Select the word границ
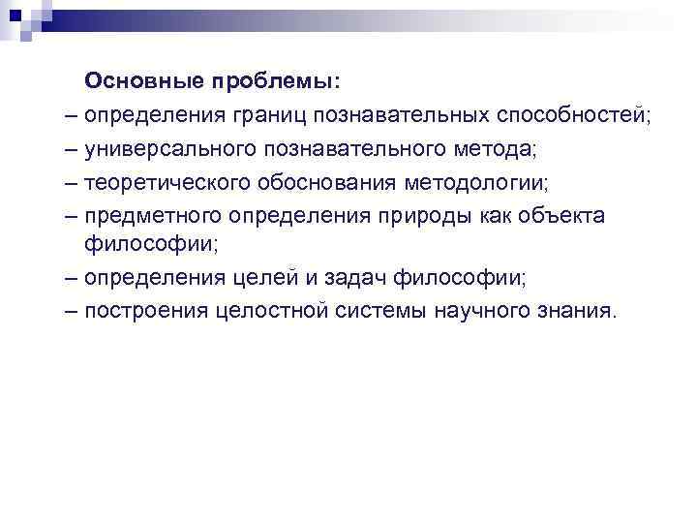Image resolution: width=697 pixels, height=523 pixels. click(x=269, y=115)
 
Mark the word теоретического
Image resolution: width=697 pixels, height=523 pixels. click(x=165, y=181)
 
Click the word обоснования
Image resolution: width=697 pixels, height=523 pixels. click(x=318, y=181)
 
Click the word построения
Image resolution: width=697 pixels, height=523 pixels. click(x=142, y=312)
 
